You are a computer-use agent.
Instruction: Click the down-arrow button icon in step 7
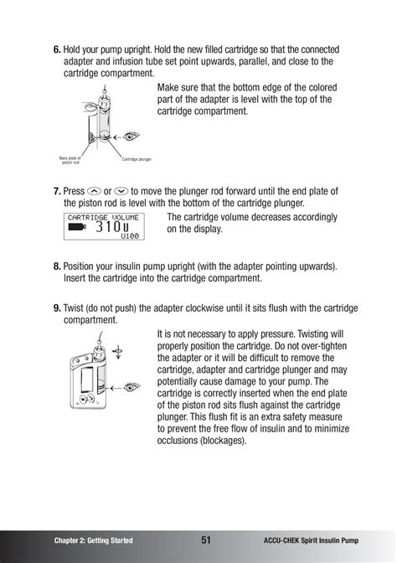(121, 190)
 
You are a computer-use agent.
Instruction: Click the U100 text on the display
(129, 237)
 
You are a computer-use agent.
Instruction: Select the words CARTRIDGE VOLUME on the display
(103, 216)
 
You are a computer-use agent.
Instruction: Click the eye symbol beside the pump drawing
(130, 385)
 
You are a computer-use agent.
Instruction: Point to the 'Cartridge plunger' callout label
(137, 158)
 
